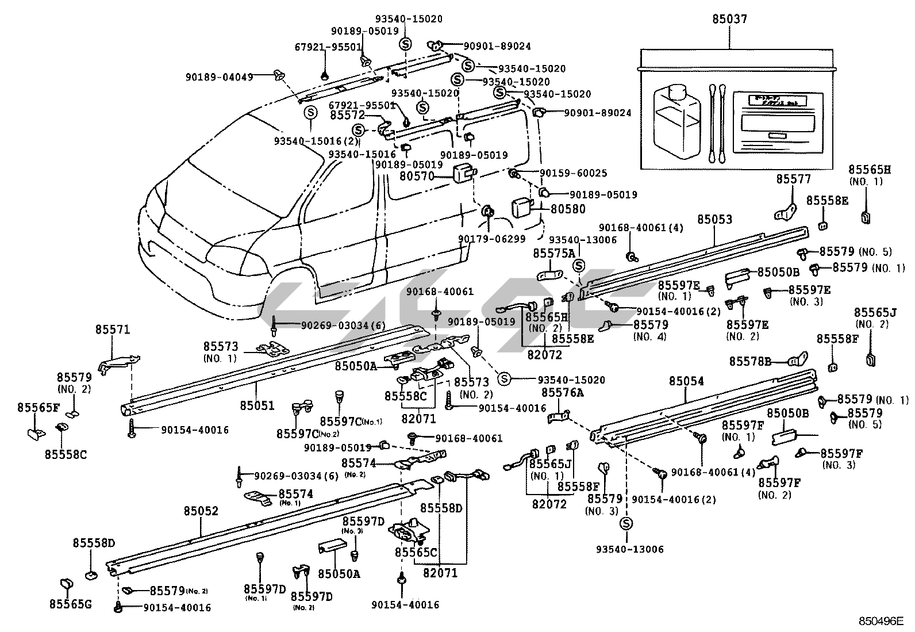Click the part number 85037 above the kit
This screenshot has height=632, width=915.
(x=730, y=19)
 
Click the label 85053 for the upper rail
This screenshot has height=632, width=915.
(x=715, y=219)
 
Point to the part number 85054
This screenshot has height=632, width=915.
(x=686, y=381)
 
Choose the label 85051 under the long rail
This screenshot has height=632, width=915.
(x=257, y=405)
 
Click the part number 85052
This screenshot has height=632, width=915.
(x=201, y=511)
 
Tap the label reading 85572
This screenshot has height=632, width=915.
(x=347, y=115)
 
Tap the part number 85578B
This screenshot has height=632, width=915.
(x=750, y=361)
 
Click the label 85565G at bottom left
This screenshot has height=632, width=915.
(x=70, y=604)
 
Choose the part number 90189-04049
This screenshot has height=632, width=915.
(x=219, y=76)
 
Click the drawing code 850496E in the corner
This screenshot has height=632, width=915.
(x=881, y=621)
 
